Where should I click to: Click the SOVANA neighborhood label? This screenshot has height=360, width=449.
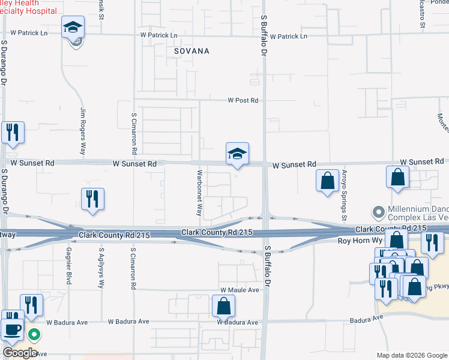(x=191, y=52)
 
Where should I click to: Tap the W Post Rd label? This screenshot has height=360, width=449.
(x=243, y=101)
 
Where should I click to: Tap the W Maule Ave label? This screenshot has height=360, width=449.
(x=239, y=290)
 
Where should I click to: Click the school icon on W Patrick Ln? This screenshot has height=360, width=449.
(x=73, y=28)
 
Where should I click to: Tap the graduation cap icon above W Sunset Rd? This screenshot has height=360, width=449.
(x=237, y=154)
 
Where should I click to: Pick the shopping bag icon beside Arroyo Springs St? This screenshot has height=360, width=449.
(x=327, y=181)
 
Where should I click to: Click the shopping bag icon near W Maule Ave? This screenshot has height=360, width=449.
(x=223, y=307)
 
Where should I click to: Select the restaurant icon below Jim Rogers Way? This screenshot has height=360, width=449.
(x=92, y=199)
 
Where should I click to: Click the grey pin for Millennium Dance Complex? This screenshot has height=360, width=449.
(x=378, y=212)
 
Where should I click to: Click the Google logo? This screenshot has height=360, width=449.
(x=19, y=353)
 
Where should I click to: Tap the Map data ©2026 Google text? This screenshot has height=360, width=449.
(x=412, y=355)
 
